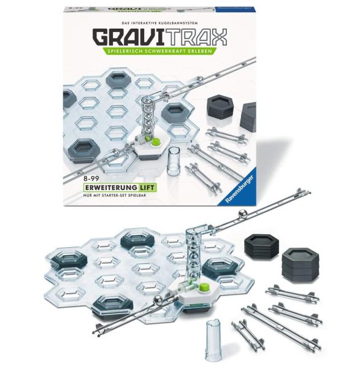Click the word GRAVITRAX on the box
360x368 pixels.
(x=160, y=37)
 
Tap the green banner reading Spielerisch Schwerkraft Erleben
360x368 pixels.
(x=159, y=51)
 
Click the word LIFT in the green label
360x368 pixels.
(x=147, y=188)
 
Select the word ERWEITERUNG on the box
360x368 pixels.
(x=112, y=188)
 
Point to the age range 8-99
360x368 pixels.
(x=91, y=180)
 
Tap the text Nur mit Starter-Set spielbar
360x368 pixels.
(x=115, y=195)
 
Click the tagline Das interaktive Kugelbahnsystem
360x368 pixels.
(x=159, y=23)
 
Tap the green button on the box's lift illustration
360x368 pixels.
(x=156, y=142)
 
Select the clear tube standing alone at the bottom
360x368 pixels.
(x=213, y=340)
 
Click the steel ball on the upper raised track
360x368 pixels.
(x=243, y=215)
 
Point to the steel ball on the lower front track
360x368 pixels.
(x=158, y=301)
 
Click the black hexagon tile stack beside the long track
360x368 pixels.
(x=262, y=247)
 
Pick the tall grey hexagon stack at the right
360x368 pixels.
(x=301, y=266)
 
